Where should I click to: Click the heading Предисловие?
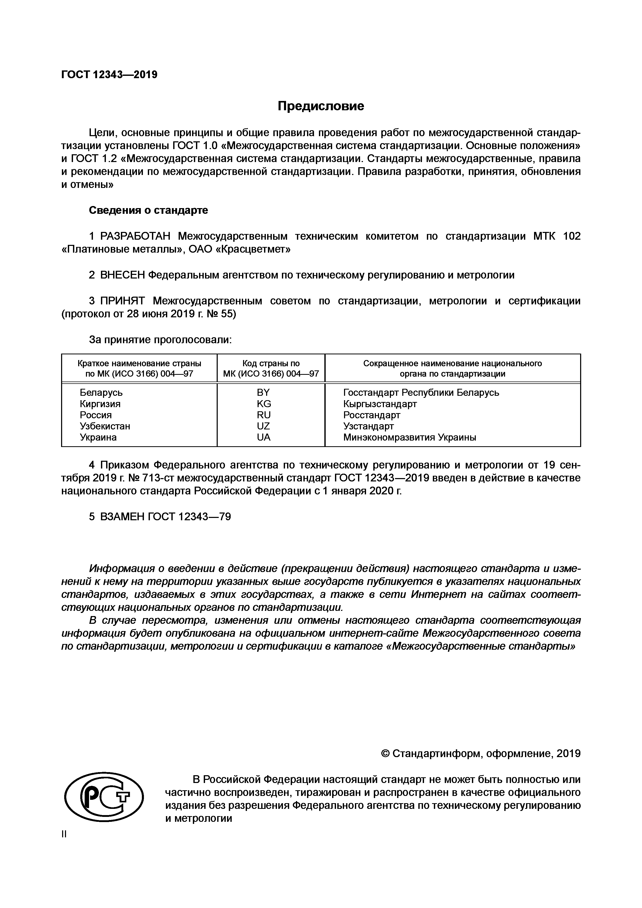(x=320, y=106)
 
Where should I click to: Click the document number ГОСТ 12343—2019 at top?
(x=109, y=74)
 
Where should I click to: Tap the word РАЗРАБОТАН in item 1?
(x=135, y=236)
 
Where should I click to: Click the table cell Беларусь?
(x=101, y=392)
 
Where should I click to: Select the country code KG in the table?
(x=264, y=404)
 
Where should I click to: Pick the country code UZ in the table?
(x=264, y=426)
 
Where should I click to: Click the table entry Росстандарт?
(x=372, y=415)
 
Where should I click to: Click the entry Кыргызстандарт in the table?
(x=380, y=404)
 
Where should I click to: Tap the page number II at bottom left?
(x=64, y=834)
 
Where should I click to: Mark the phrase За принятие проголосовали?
(x=160, y=340)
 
